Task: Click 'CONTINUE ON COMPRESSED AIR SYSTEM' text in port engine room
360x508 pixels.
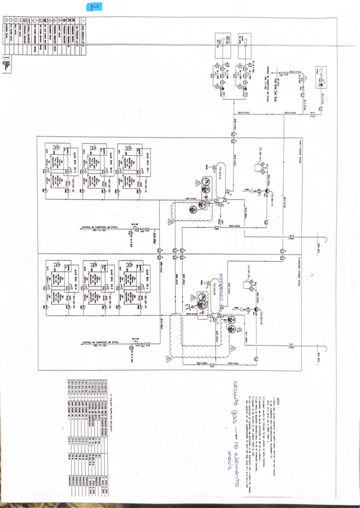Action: tap(100, 228)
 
